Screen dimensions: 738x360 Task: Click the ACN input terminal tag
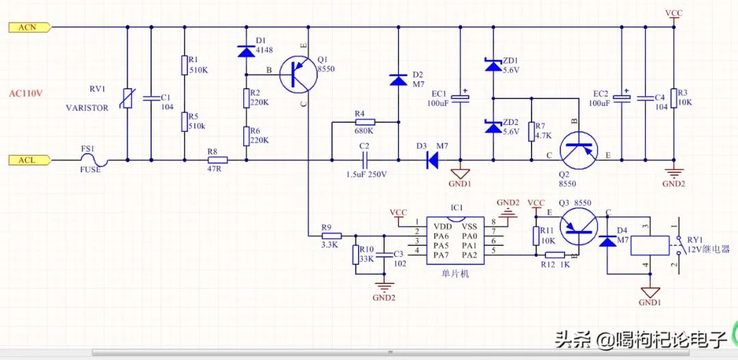point(29,27)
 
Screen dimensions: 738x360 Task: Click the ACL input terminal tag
point(29,160)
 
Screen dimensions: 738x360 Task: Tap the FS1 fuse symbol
point(94,161)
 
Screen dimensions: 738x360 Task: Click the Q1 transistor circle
point(297,75)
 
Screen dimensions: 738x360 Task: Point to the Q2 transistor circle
point(579,150)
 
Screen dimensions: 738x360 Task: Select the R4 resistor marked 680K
point(365,122)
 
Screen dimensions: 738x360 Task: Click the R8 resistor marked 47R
point(217,160)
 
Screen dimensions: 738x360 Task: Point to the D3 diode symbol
point(432,160)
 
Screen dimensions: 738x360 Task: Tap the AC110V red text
point(27,93)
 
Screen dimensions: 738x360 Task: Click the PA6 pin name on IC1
point(441,235)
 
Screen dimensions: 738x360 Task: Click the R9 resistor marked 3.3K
point(332,235)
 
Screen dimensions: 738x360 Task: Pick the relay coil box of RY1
point(650,245)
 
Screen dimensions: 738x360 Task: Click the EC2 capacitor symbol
point(623,98)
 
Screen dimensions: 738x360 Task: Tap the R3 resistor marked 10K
point(674,98)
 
